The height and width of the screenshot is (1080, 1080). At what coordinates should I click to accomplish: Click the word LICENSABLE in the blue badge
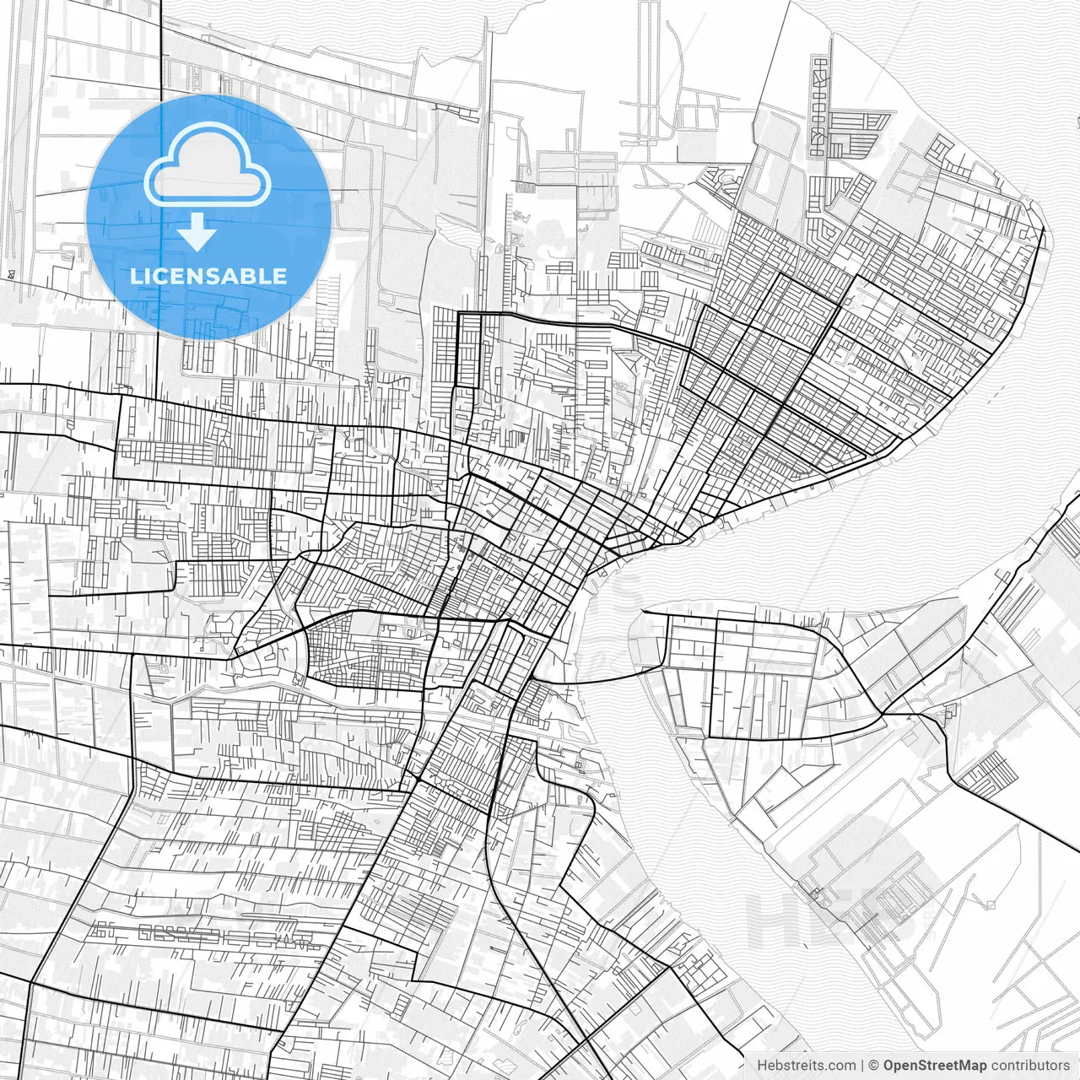[x=208, y=276]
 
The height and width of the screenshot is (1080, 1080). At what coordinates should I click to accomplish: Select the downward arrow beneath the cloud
[x=197, y=232]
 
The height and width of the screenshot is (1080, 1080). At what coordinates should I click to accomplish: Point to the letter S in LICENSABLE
[x=225, y=276]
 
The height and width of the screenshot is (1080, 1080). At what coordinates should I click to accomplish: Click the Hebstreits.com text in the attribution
[x=806, y=1066]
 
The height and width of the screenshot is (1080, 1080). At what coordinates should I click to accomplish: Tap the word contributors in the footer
[x=1030, y=1066]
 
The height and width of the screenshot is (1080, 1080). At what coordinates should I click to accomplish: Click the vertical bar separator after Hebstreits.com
[x=862, y=1066]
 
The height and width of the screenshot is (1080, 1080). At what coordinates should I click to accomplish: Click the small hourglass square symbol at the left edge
[x=9, y=273]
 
